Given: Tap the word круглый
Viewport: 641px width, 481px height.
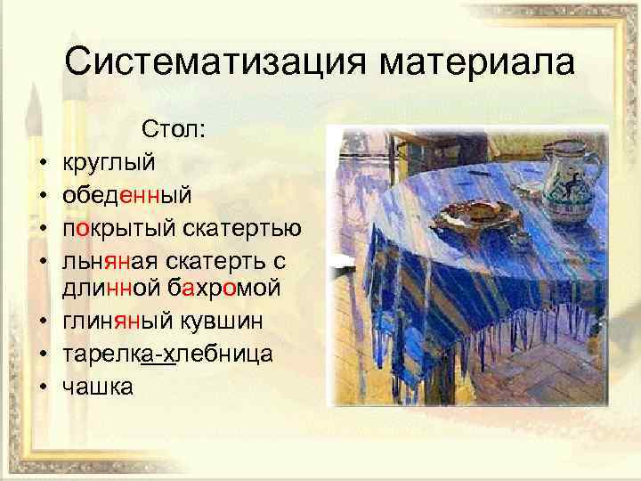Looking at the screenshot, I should tap(108, 163).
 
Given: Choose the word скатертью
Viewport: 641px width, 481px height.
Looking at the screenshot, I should tap(245, 226).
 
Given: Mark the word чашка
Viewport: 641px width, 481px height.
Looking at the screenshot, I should tap(98, 385).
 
